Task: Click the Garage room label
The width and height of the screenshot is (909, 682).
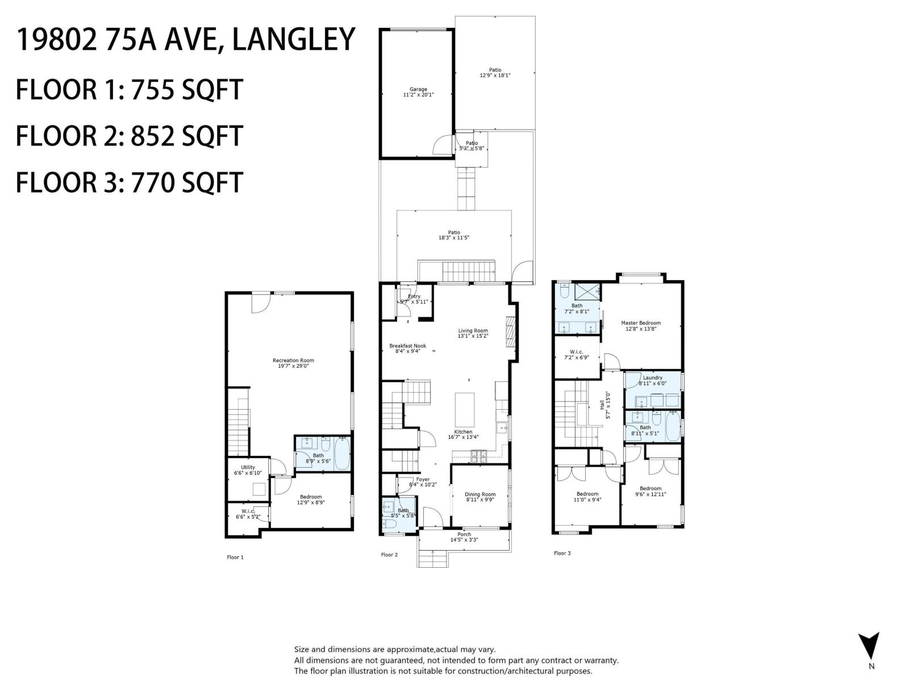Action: click(x=418, y=89)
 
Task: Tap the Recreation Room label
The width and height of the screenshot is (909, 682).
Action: click(x=293, y=360)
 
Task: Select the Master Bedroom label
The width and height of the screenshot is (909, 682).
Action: click(x=641, y=323)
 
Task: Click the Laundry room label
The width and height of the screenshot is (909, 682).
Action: click(x=653, y=377)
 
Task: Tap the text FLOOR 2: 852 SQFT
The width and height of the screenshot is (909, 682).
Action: click(x=130, y=136)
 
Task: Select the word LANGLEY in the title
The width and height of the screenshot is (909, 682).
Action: click(x=294, y=40)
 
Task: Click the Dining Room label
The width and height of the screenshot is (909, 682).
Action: click(x=480, y=494)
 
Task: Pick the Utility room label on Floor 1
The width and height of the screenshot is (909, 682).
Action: click(x=248, y=467)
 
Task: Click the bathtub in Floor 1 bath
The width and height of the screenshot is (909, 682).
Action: click(x=342, y=453)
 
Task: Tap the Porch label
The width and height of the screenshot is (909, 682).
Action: click(x=464, y=534)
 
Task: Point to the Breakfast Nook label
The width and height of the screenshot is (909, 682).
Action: click(x=407, y=346)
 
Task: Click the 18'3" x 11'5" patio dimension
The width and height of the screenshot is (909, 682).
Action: click(x=454, y=238)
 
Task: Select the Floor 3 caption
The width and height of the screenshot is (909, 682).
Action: click(x=562, y=553)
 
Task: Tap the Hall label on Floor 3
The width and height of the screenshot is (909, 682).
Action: click(x=602, y=405)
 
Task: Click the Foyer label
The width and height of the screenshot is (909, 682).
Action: click(x=423, y=479)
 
